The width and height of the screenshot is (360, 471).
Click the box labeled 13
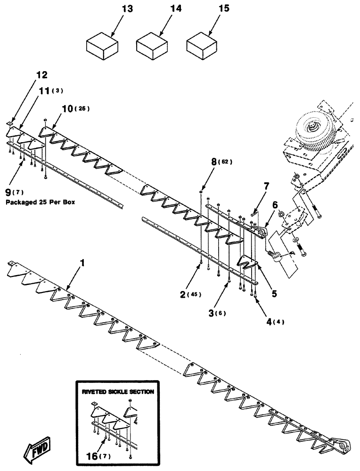tap(102, 46)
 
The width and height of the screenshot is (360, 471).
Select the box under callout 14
tap(152, 46)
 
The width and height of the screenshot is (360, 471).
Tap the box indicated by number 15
tap(202, 46)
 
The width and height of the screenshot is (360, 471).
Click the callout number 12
tap(42, 75)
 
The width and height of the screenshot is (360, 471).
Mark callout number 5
tap(274, 293)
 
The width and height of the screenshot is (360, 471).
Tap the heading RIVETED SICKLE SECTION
tap(117, 391)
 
